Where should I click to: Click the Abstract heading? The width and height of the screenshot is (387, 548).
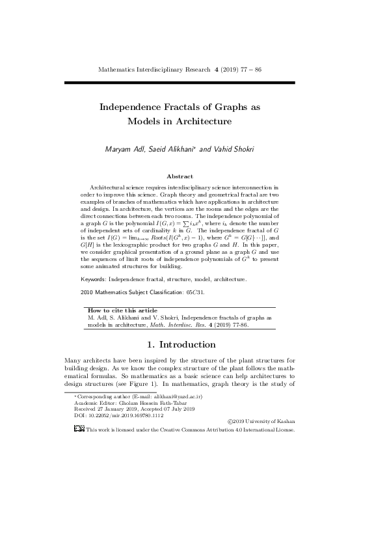[180, 176]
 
